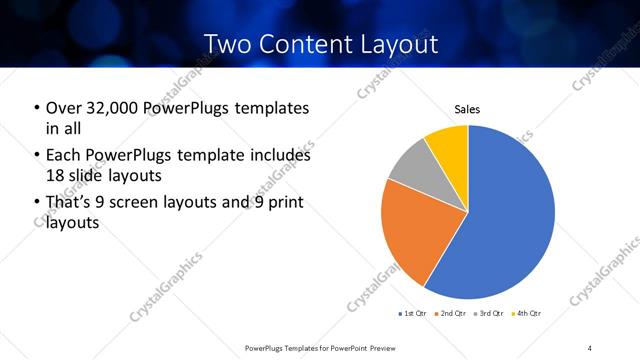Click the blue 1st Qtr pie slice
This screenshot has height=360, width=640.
(505, 220)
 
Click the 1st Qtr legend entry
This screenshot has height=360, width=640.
(412, 314)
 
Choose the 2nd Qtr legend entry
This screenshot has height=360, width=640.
(448, 314)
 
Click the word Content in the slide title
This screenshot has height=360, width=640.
(318, 45)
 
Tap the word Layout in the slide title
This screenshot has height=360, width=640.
(400, 45)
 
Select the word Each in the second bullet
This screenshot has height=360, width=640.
(64, 156)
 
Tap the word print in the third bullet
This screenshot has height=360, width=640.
(284, 204)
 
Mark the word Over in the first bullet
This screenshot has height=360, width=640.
(64, 108)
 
